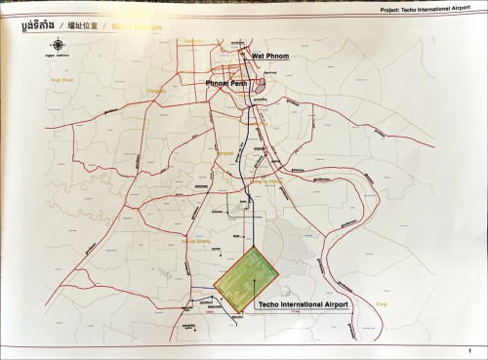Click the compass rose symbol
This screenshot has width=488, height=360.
coord(59,45)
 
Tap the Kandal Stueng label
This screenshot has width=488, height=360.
coord(196,240)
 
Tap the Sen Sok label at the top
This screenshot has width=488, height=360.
coord(194,41)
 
